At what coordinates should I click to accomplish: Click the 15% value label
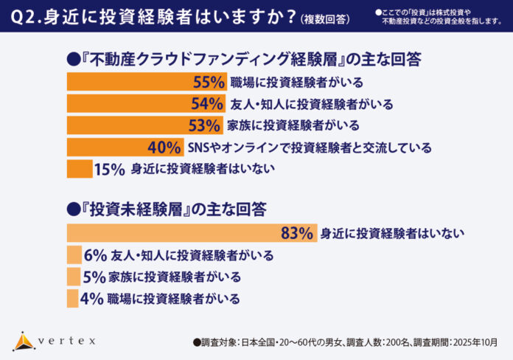tap(110, 169)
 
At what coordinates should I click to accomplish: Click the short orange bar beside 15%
tap(80, 169)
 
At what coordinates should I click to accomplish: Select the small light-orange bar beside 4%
tap(72, 299)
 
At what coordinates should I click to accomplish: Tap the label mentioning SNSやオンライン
tap(310, 148)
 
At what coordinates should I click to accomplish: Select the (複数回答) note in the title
tap(325, 19)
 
